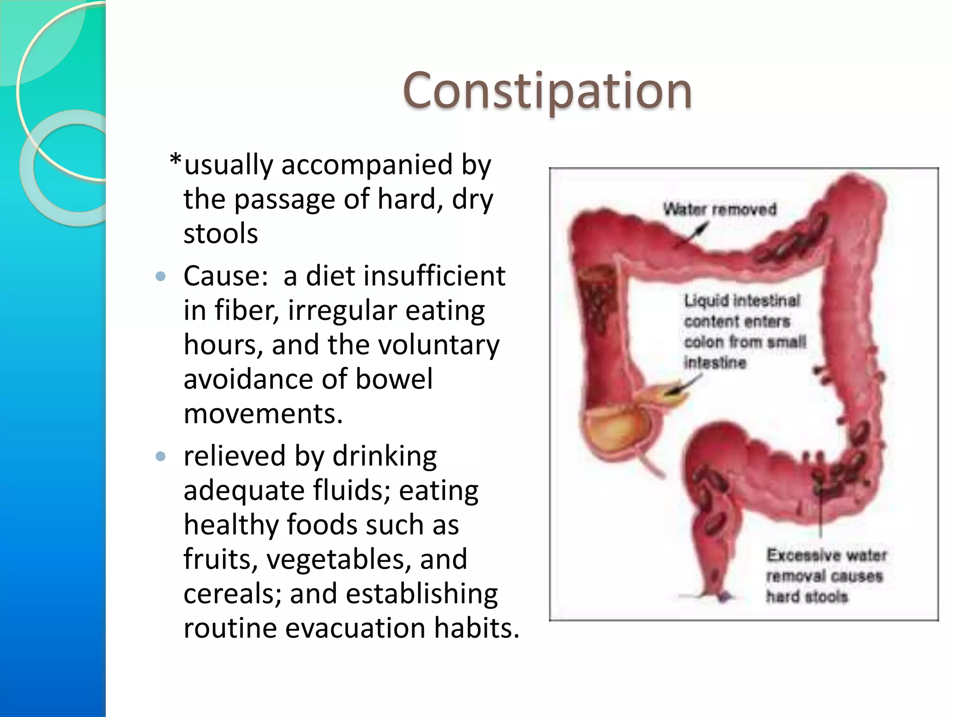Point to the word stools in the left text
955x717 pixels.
pyautogui.click(x=221, y=233)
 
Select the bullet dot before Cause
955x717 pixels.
pyautogui.click(x=160, y=276)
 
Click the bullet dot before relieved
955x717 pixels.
pyautogui.click(x=160, y=456)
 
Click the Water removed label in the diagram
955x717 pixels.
pyautogui.click(x=720, y=209)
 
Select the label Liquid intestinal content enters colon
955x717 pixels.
pyautogui.click(x=744, y=331)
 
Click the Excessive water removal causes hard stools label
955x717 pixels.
pyautogui.click(x=825, y=576)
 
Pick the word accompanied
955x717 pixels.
pyautogui.click(x=367, y=165)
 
